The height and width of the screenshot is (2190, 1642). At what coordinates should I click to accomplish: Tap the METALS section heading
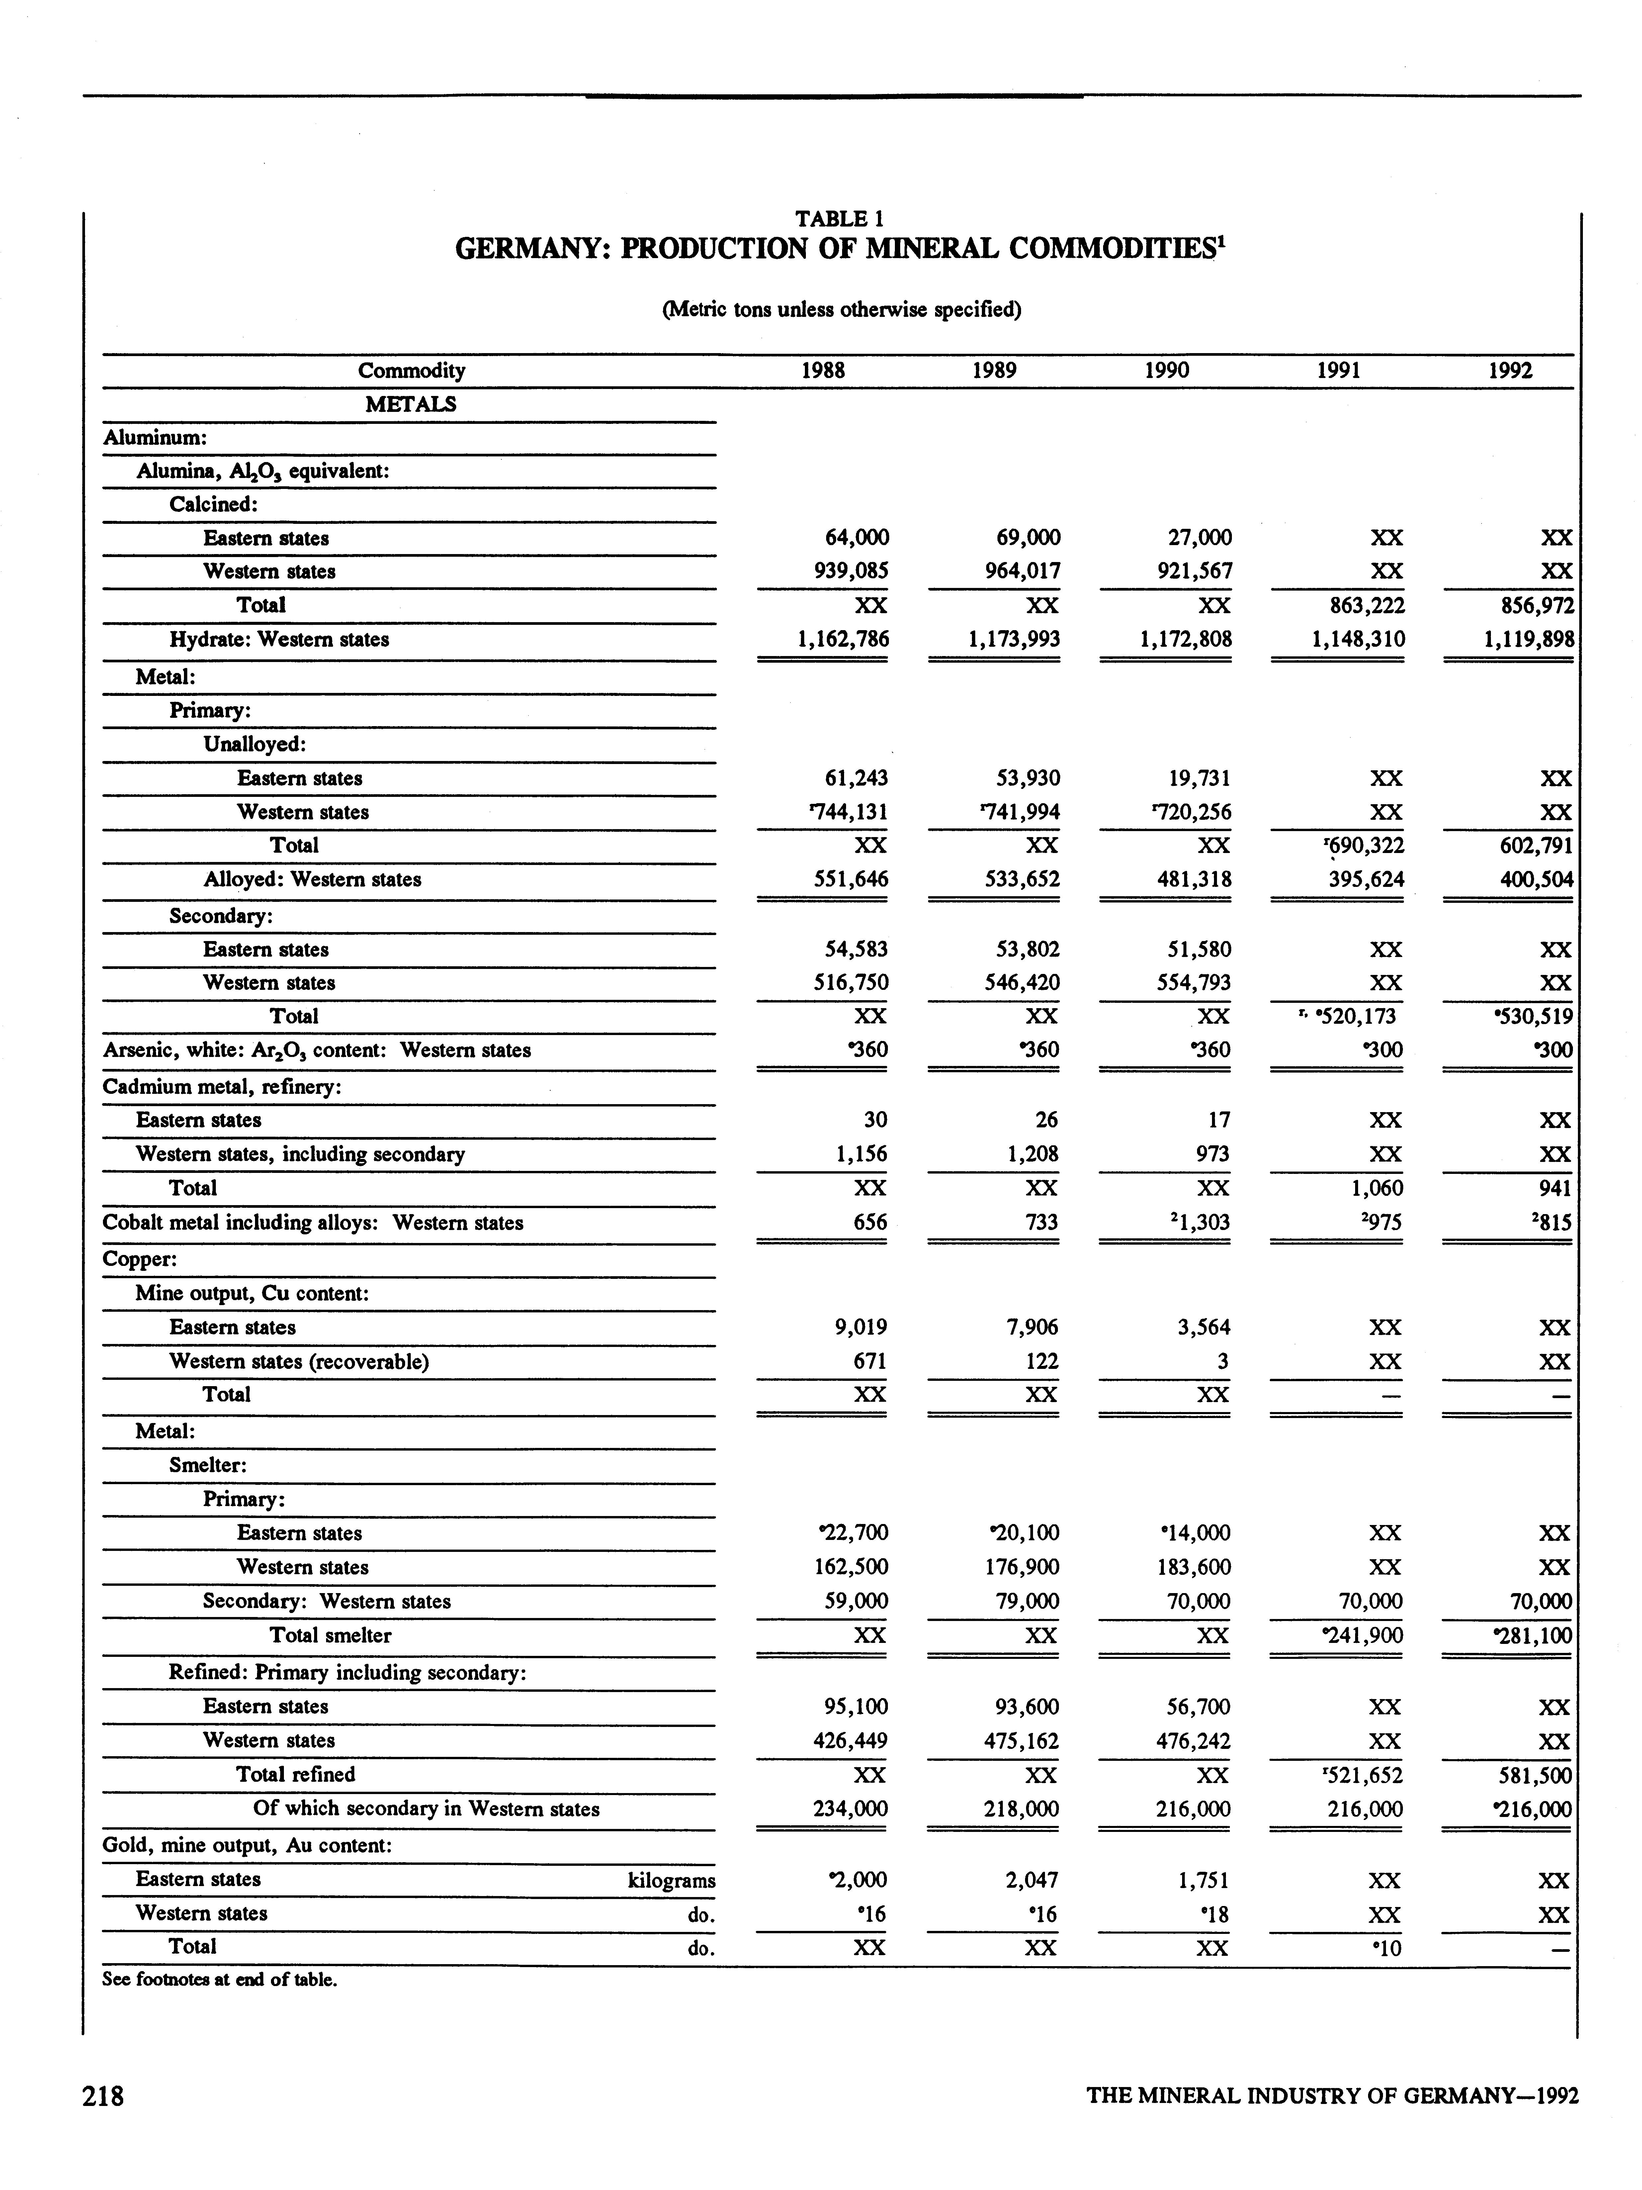tap(411, 404)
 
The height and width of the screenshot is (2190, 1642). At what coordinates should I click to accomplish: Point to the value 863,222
tap(1358, 605)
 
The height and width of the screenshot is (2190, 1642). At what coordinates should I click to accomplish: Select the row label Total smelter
tap(331, 1636)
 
